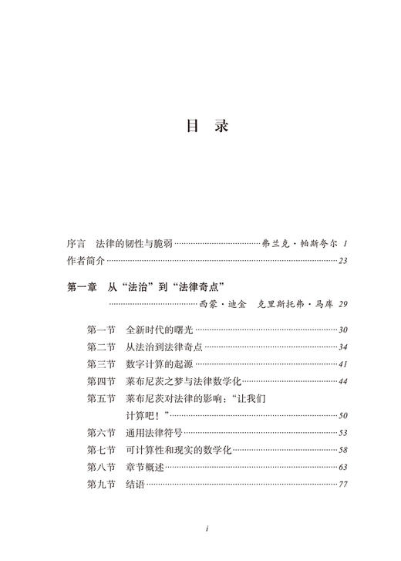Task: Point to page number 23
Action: pyautogui.click(x=343, y=260)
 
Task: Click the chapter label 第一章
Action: pyautogui.click(x=81, y=288)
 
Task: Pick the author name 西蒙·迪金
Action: pyautogui.click(x=218, y=305)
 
